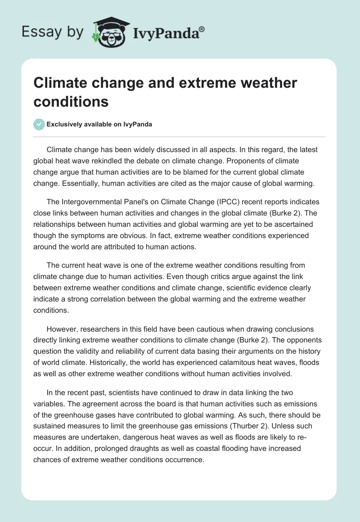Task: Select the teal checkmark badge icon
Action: pos(39,124)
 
